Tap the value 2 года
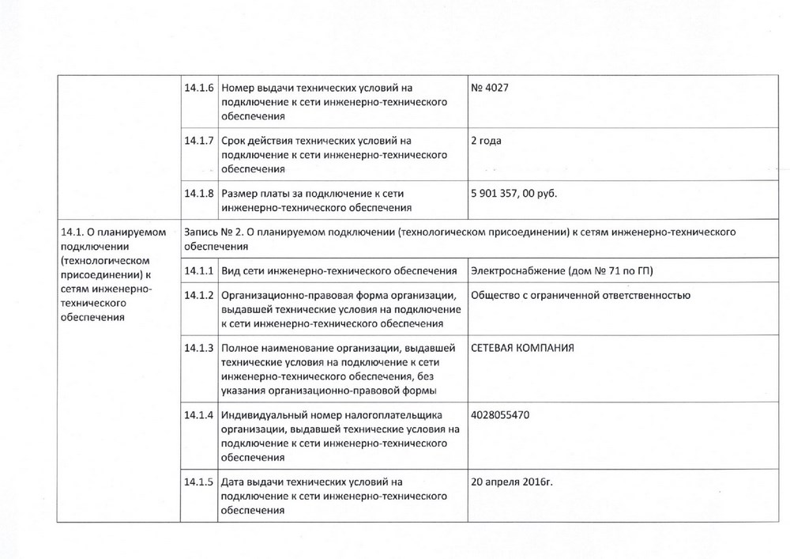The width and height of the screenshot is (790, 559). pyautogui.click(x=486, y=141)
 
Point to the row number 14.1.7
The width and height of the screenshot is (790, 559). pyautogui.click(x=198, y=141)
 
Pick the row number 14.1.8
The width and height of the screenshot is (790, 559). pyautogui.click(x=198, y=194)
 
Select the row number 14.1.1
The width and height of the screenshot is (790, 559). pyautogui.click(x=198, y=271)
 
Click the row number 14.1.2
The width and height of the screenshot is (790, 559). pyautogui.click(x=198, y=296)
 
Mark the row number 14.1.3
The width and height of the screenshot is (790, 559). pyautogui.click(x=198, y=348)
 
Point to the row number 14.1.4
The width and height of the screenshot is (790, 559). pyautogui.click(x=198, y=414)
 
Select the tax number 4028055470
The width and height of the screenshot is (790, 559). pyautogui.click(x=499, y=414)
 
